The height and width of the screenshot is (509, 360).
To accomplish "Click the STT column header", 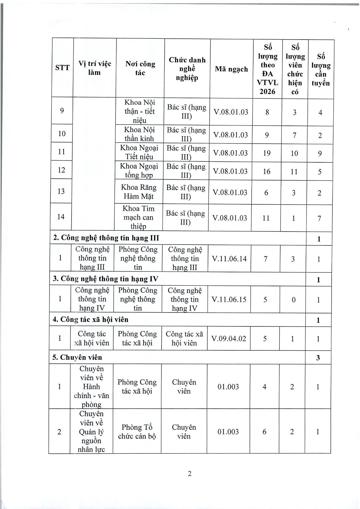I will tap(63, 68).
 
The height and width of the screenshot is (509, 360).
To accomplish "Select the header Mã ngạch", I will tap(231, 69).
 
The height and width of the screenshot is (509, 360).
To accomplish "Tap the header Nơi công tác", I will tap(140, 68).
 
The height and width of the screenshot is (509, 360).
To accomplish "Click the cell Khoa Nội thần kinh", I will tap(139, 134).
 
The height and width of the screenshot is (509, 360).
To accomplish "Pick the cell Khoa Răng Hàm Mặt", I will tap(139, 192).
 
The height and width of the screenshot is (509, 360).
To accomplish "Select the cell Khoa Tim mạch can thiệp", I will tap(138, 217).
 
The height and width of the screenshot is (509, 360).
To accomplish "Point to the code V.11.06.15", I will tap(229, 300).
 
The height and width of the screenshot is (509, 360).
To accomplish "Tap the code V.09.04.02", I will tap(229, 339).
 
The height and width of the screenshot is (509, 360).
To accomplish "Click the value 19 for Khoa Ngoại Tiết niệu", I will tap(267, 153).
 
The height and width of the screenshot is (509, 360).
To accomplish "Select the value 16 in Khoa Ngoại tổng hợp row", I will tap(266, 172).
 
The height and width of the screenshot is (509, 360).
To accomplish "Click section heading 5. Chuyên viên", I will tap(77, 357).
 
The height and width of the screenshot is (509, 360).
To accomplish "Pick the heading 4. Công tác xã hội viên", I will tap(91, 319).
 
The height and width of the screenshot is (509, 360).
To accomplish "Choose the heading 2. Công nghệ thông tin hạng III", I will tap(106, 238).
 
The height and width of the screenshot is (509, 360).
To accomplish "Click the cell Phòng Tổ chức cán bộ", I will tap(137, 432).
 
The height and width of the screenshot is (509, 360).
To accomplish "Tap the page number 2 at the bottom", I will tap(189, 474).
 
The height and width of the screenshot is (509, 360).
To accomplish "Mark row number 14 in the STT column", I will tap(61, 217).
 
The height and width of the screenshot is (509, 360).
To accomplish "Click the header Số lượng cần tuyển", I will tap(321, 70).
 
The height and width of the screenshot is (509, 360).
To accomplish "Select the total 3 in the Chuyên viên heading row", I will tap(318, 358).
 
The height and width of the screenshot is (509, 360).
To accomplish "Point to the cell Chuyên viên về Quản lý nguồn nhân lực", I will tap(91, 432).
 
